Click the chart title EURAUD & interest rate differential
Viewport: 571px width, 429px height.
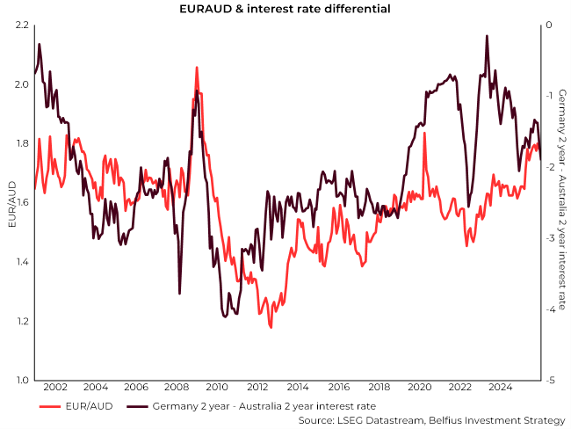pyautogui.click(x=285, y=9)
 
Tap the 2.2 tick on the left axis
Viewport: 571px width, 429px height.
pyautogui.click(x=20, y=25)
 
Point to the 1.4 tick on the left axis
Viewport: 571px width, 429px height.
pyautogui.click(x=20, y=262)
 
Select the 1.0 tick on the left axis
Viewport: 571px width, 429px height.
pyautogui.click(x=20, y=381)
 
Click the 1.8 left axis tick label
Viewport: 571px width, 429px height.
pyautogui.click(x=20, y=143)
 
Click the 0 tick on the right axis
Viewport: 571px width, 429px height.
pyautogui.click(x=548, y=25)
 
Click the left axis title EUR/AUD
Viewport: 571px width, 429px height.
pyautogui.click(x=11, y=203)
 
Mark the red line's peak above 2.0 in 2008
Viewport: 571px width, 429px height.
pyautogui.click(x=197, y=67)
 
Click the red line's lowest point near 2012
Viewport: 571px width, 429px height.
pyautogui.click(x=271, y=327)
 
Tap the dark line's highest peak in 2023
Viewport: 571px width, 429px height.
pyautogui.click(x=487, y=36)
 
